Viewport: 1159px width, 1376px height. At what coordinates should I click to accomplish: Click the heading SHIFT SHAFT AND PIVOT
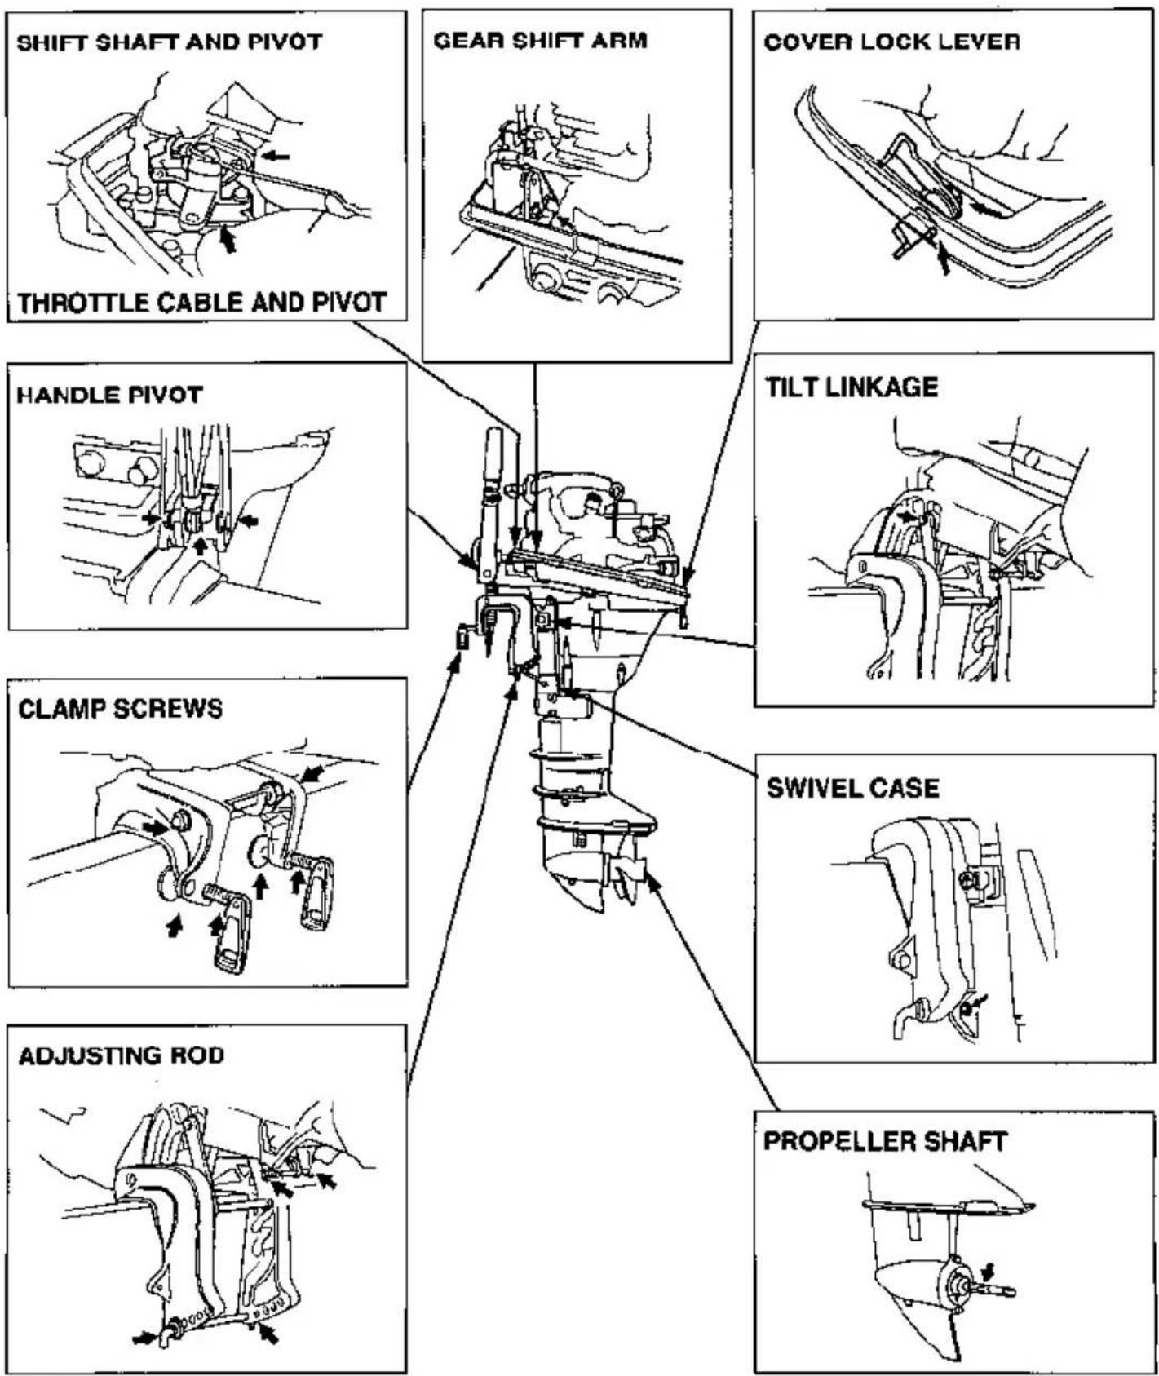pos(170,42)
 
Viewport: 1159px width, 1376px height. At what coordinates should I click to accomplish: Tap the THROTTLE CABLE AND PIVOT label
pos(201,303)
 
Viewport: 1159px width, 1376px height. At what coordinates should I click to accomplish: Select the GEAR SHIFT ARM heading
pos(540,41)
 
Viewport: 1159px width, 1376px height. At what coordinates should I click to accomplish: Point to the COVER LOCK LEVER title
pos(891,42)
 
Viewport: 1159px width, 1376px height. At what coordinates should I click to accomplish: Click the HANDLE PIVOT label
pos(109,396)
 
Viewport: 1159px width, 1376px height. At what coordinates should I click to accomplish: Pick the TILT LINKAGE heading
pos(852,387)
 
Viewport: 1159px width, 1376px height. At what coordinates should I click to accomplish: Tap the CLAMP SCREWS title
pos(120,708)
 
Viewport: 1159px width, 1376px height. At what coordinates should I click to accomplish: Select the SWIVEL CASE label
pos(852,788)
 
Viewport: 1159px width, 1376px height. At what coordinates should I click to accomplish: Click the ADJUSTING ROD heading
pos(121,1056)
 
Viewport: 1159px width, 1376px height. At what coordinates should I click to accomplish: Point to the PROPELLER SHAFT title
pos(885,1141)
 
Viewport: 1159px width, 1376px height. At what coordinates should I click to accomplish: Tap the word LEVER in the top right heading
pos(981,42)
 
